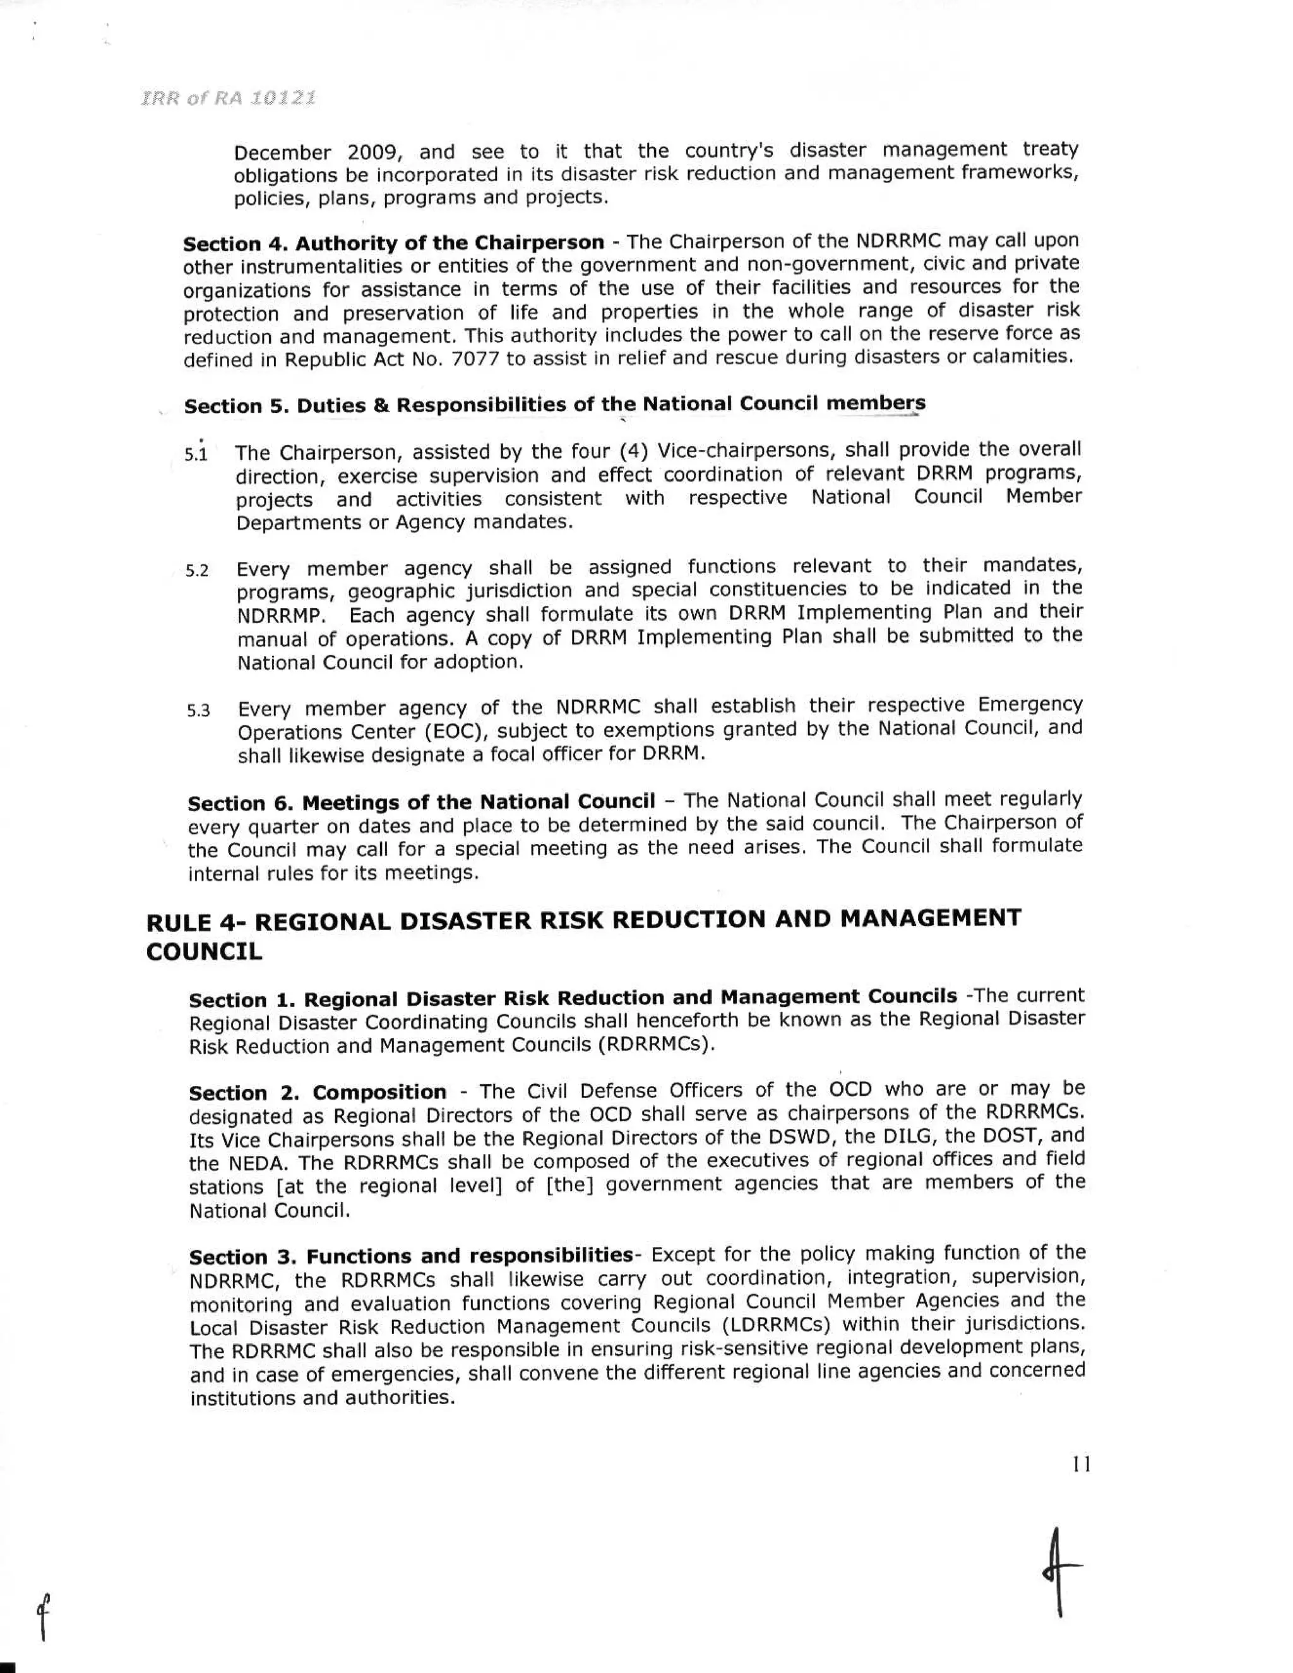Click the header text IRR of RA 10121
(229, 99)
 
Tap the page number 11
(1081, 1465)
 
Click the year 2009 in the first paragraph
(371, 152)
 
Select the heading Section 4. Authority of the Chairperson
(393, 244)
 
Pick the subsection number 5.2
(197, 571)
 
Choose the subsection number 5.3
(198, 711)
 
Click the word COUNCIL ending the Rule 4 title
(204, 952)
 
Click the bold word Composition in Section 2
(379, 1092)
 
